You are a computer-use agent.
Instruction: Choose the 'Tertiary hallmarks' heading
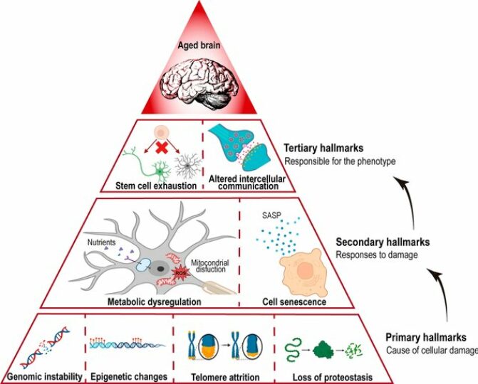coord(325,148)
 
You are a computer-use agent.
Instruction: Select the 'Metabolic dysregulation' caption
coord(152,302)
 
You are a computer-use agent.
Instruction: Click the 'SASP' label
coord(271,214)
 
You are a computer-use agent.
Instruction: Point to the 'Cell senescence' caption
coord(295,302)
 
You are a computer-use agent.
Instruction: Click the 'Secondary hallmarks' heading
coord(378,242)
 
